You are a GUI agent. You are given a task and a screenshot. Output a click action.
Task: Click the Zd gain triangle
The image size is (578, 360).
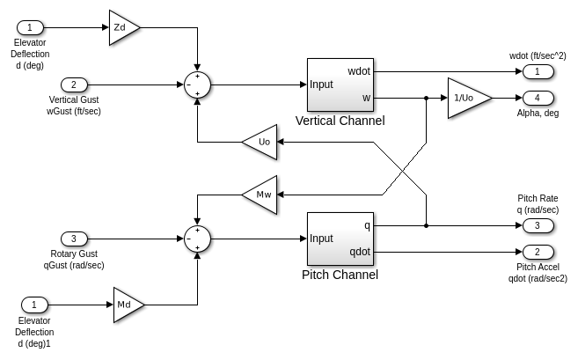coord(122,27)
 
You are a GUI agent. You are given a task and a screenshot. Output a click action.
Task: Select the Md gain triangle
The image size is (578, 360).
coord(127,304)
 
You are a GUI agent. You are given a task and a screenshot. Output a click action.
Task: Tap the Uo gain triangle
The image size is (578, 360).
coord(261,141)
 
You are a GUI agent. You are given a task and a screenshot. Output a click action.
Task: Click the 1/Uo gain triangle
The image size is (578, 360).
coord(465,97)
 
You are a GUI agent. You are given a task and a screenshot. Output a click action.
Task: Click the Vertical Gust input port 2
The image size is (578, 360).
coord(75,85)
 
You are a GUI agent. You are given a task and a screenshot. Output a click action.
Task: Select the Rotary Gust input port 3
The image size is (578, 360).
coord(75,239)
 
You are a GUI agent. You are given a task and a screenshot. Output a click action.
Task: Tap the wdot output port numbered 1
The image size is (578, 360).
coord(537,70)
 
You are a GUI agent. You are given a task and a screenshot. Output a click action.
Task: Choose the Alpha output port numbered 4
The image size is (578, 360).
coord(537,97)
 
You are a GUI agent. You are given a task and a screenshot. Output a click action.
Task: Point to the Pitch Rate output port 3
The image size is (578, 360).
coord(537,226)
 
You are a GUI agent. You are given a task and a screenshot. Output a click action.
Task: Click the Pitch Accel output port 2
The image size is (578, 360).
coord(537,252)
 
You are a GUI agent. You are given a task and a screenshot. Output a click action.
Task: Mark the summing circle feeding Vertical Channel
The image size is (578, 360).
coord(199,85)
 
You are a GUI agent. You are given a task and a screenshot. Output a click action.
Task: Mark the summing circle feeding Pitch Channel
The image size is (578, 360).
coord(199,239)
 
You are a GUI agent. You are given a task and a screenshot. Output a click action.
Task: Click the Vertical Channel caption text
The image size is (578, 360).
coord(340,121)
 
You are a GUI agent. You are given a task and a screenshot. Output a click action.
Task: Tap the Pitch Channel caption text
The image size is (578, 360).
coord(340,275)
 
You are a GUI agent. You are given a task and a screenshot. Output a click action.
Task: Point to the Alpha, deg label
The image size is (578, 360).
coord(538,113)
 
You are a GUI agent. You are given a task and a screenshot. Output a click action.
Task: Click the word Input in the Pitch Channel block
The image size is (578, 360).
coord(321,239)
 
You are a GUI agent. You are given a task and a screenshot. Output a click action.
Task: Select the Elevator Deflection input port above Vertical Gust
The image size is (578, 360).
coord(29,27)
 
